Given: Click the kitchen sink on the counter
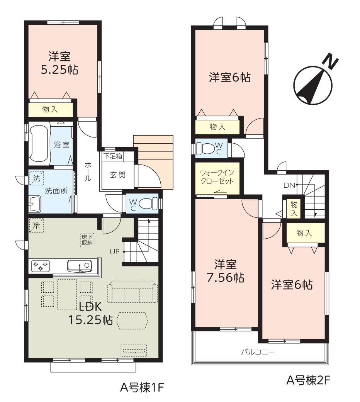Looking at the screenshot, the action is pyautogui.click(x=80, y=266).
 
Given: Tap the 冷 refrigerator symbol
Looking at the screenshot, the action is pyautogui.click(x=36, y=226).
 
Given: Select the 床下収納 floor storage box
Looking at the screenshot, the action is pyautogui.click(x=87, y=240).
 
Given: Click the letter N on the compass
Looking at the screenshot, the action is pyautogui.click(x=330, y=61).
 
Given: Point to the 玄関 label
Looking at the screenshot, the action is pyautogui.click(x=118, y=175).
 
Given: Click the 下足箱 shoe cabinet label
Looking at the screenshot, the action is pyautogui.click(x=112, y=156).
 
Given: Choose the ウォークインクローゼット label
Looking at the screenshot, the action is pyautogui.click(x=217, y=177).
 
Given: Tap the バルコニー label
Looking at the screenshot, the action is pyautogui.click(x=258, y=352).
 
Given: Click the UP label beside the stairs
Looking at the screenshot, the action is pyautogui.click(x=115, y=252).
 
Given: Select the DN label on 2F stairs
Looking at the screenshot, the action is pyautogui.click(x=289, y=185).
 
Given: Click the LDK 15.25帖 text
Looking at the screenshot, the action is pyautogui.click(x=90, y=313).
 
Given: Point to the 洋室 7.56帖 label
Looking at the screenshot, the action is pyautogui.click(x=225, y=271).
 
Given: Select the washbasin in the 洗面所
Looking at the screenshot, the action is pyautogui.click(x=35, y=204).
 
